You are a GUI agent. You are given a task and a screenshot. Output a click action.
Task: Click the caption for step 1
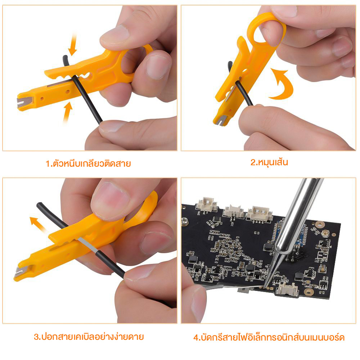88,164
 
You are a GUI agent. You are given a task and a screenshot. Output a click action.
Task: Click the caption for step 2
269,163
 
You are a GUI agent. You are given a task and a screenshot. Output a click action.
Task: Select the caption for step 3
89,337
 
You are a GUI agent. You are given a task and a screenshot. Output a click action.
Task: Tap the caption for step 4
269,338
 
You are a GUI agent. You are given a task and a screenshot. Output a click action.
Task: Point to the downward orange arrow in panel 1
73,45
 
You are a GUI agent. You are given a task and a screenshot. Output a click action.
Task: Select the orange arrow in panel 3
38,224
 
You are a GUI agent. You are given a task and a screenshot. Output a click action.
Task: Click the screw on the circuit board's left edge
184,221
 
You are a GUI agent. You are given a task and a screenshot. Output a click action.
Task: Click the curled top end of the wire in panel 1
66,60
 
